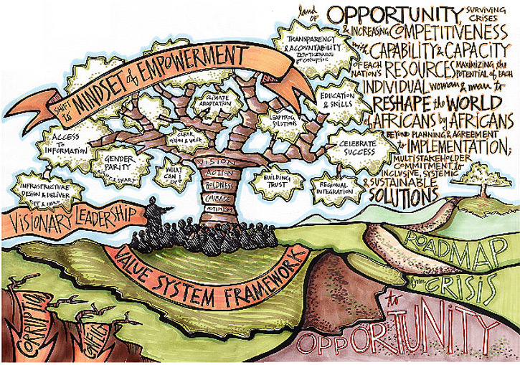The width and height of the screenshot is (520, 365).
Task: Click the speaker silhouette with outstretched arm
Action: click(153, 213)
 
